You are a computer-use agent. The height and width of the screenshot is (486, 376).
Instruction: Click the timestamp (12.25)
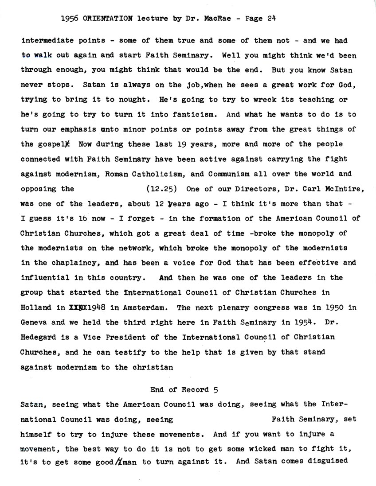161,188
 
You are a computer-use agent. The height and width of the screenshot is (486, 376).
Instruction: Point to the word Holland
36,307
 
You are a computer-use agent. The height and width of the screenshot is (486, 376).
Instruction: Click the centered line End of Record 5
184,390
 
